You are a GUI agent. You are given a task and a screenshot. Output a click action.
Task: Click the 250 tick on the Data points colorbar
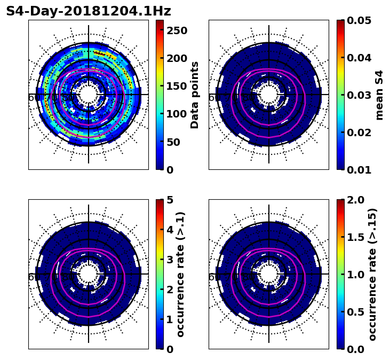177,30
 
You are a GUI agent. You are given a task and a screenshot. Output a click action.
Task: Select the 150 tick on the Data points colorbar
177,86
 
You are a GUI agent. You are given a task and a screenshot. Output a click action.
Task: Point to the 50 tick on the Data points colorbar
173,142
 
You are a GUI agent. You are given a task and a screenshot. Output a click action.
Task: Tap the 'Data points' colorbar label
195,95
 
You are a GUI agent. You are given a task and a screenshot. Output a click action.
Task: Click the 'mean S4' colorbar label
379,95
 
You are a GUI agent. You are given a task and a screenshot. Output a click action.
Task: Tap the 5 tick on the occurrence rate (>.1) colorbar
170,200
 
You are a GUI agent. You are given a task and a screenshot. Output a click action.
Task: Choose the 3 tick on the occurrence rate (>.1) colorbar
170,260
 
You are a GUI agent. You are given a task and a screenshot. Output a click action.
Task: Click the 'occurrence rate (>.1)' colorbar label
180,275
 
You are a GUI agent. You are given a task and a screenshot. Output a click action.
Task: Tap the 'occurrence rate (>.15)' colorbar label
372,275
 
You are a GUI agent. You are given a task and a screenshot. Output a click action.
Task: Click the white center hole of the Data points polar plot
89,95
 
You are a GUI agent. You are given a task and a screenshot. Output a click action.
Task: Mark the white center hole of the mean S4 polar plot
269,95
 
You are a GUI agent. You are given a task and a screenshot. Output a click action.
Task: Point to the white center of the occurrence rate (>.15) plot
269,274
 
